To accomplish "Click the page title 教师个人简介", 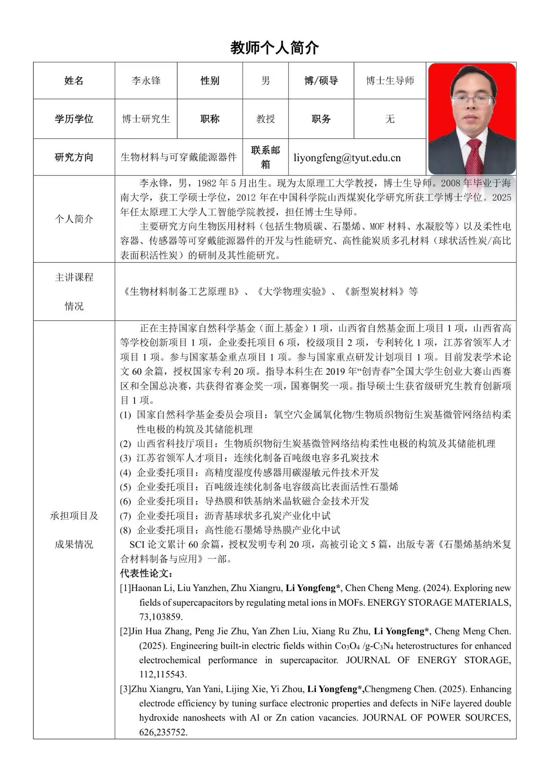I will (x=275, y=48).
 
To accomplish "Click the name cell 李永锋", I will (x=146, y=81).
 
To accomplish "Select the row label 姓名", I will (x=74, y=81).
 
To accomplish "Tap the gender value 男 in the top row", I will (x=266, y=81).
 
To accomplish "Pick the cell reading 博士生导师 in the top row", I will (x=390, y=81).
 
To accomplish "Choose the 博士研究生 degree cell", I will (x=146, y=119).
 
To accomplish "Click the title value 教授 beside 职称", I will (x=266, y=119).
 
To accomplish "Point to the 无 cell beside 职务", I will (x=390, y=119).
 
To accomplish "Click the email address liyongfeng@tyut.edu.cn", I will (x=347, y=158).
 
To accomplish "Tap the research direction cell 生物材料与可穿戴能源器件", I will (x=179, y=157).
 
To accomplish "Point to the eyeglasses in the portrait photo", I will (x=472, y=101).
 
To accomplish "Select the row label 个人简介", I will (x=74, y=219).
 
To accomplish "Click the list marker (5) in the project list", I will (x=125, y=487).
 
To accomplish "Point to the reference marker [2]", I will (x=125, y=631).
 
